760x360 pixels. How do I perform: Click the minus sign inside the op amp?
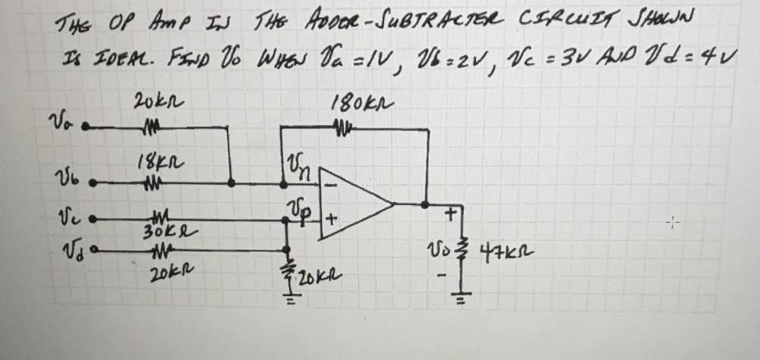coord(332,185)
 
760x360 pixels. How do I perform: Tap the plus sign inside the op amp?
coord(331,223)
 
